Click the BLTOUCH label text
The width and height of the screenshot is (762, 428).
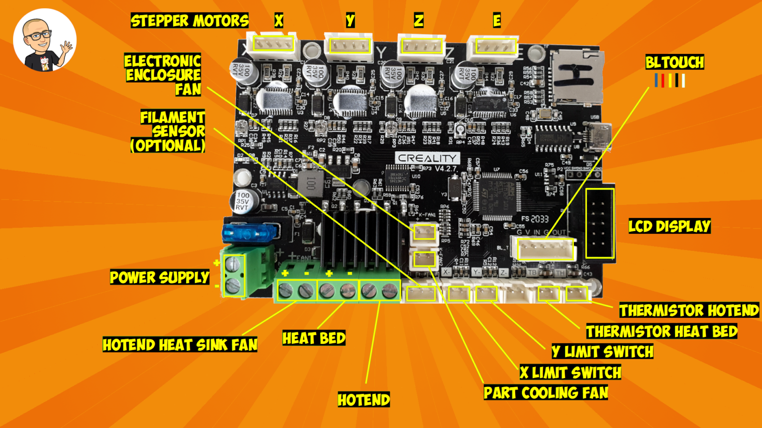click(675, 63)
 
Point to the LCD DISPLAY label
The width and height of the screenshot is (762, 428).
click(669, 227)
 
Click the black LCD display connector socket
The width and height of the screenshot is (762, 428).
click(600, 223)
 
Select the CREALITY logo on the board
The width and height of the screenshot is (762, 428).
click(427, 158)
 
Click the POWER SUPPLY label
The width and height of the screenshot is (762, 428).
click(159, 278)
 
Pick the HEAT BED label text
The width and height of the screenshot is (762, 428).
click(314, 338)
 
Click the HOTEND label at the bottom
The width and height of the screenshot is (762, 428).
click(364, 400)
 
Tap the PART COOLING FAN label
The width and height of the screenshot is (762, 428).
click(546, 393)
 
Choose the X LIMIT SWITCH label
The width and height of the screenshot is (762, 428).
click(571, 373)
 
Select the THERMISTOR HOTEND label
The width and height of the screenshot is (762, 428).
click(689, 311)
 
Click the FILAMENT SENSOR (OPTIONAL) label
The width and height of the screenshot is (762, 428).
click(169, 132)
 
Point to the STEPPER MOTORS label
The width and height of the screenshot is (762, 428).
click(190, 21)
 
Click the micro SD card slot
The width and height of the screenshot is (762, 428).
click(576, 78)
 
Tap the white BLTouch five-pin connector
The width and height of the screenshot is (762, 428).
click(543, 249)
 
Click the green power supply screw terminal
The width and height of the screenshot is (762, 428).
click(235, 275)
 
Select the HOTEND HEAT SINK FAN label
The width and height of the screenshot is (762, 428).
click(180, 345)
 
